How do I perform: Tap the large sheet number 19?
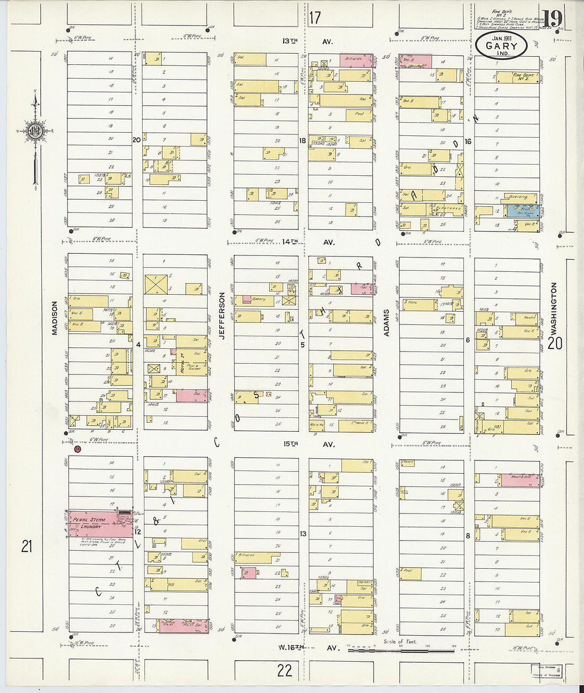point(552,20)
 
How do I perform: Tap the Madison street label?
point(54,319)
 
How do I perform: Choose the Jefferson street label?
point(222,314)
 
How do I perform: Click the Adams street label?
point(387,322)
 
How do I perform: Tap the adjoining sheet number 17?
point(315,18)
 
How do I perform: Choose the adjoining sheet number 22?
point(285,670)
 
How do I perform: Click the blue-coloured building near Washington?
point(523,211)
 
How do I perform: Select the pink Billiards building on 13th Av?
point(356,60)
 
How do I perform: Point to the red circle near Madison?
point(78,449)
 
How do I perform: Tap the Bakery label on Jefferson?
point(259,298)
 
